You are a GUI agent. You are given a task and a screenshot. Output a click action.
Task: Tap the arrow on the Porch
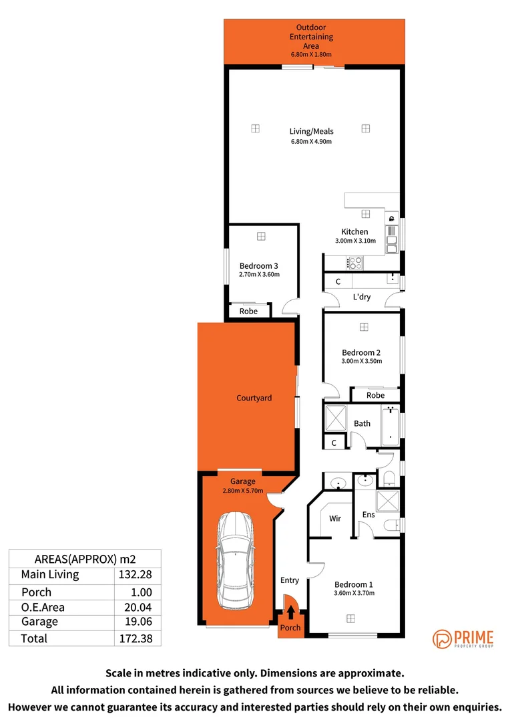coord(290,612)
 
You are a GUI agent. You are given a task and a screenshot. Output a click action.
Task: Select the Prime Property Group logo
coord(463,638)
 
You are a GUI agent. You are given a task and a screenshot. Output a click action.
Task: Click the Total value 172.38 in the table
coord(138,638)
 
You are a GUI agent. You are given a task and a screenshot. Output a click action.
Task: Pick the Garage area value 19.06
coord(138,622)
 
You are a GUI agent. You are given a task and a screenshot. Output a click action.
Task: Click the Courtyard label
coord(254,398)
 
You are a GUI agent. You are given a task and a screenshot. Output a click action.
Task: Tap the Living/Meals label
coord(311,132)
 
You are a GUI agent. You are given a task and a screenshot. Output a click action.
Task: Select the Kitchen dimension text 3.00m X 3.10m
coord(354,241)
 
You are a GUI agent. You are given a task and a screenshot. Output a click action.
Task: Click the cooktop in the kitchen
coord(354,263)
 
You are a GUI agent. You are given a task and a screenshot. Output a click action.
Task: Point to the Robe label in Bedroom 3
coord(248,311)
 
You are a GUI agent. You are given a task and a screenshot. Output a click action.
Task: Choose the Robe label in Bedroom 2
coord(376,395)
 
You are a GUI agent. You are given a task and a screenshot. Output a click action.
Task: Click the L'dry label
coord(362,297)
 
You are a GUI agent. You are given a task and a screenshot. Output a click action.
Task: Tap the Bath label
coord(362,423)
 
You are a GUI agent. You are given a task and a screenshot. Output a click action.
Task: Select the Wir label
coord(335,517)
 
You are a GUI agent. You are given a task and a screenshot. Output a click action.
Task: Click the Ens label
coord(368,515)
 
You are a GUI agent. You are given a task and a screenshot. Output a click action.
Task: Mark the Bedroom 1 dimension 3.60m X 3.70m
coord(354,593)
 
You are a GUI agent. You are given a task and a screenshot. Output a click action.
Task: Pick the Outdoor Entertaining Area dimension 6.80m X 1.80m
coord(311,55)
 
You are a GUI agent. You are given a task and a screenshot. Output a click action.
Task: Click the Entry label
coord(290,580)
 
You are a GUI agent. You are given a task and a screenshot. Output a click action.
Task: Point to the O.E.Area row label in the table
coord(44,607)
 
